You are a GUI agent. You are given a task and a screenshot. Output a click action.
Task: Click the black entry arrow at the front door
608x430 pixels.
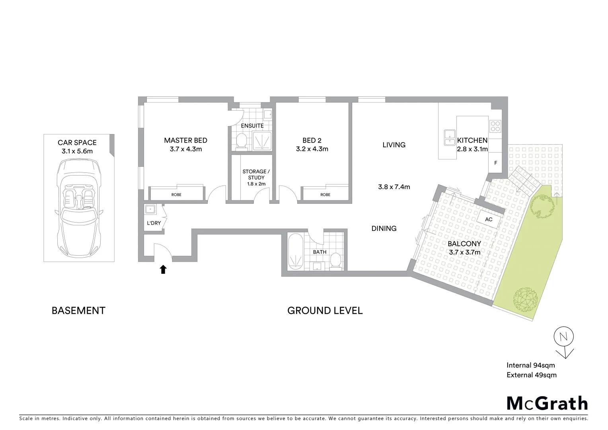click(x=163, y=270)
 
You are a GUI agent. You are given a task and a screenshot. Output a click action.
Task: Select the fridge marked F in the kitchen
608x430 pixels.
click(x=495, y=163)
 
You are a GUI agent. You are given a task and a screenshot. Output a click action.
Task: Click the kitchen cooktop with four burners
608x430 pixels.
click(x=495, y=126)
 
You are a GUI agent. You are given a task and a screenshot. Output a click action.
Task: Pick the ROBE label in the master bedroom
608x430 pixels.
click(x=176, y=195)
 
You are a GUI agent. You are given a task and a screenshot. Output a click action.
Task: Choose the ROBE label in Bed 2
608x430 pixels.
click(x=325, y=195)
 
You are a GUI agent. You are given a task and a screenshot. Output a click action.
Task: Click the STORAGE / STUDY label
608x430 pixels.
click(x=256, y=178)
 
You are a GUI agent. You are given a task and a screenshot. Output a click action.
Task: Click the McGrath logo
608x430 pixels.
click(x=547, y=403)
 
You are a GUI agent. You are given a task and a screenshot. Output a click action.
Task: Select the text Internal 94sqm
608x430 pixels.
click(x=530, y=365)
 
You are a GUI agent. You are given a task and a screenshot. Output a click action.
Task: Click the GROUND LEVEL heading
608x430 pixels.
click(x=325, y=311)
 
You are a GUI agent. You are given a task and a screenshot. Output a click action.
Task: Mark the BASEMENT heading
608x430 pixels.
click(x=78, y=311)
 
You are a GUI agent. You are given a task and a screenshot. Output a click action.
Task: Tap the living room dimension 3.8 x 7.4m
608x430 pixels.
click(x=394, y=187)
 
